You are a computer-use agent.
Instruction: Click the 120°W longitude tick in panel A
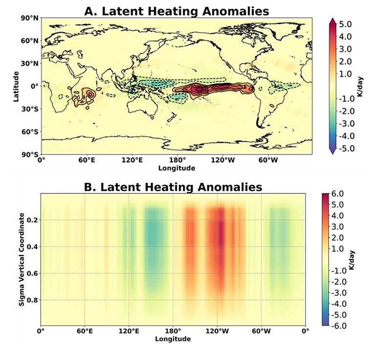223,160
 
